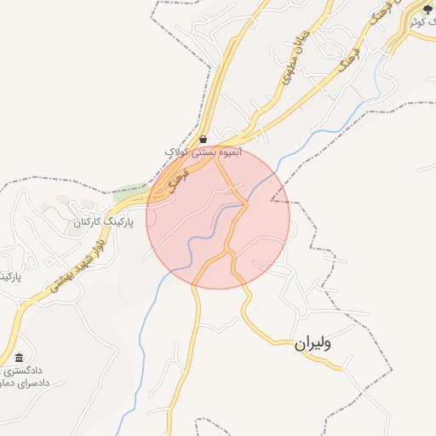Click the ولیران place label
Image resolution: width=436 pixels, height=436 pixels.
[x=312, y=344]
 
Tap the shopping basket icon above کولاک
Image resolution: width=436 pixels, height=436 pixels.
[x=203, y=139]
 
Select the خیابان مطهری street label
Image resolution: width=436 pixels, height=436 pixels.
[x=292, y=69]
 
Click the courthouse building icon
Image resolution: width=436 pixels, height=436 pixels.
[x=19, y=358]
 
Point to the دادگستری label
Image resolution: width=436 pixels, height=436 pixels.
[x=20, y=371]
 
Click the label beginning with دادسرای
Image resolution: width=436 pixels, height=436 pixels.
[x=26, y=383]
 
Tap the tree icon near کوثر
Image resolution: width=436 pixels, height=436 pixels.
[x=427, y=9]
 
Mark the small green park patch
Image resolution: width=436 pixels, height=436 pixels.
[x=129, y=191]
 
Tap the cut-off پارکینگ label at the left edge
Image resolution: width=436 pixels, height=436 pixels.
[x=9, y=278]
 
